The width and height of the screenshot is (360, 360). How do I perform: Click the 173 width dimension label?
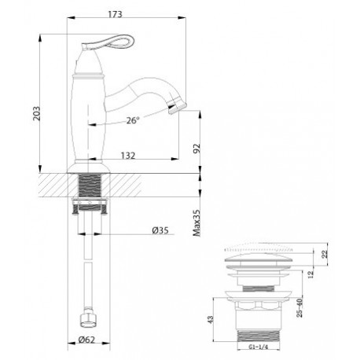click(x=116, y=14)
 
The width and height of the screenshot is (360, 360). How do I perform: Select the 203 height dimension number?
click(x=37, y=113)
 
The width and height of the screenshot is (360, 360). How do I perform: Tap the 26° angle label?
click(x=133, y=120)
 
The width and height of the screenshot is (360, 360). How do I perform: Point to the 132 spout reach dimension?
click(x=128, y=156)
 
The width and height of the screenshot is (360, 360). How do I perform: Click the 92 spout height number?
click(x=197, y=149)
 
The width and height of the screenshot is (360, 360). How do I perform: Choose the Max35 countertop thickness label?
click(x=197, y=222)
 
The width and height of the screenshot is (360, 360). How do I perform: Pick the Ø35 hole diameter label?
click(x=160, y=230)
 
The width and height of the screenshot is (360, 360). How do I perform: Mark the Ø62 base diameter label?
click(x=86, y=340)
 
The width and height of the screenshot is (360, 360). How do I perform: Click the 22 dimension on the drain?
click(x=325, y=254)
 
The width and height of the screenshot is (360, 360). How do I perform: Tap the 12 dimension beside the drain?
click(x=310, y=274)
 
